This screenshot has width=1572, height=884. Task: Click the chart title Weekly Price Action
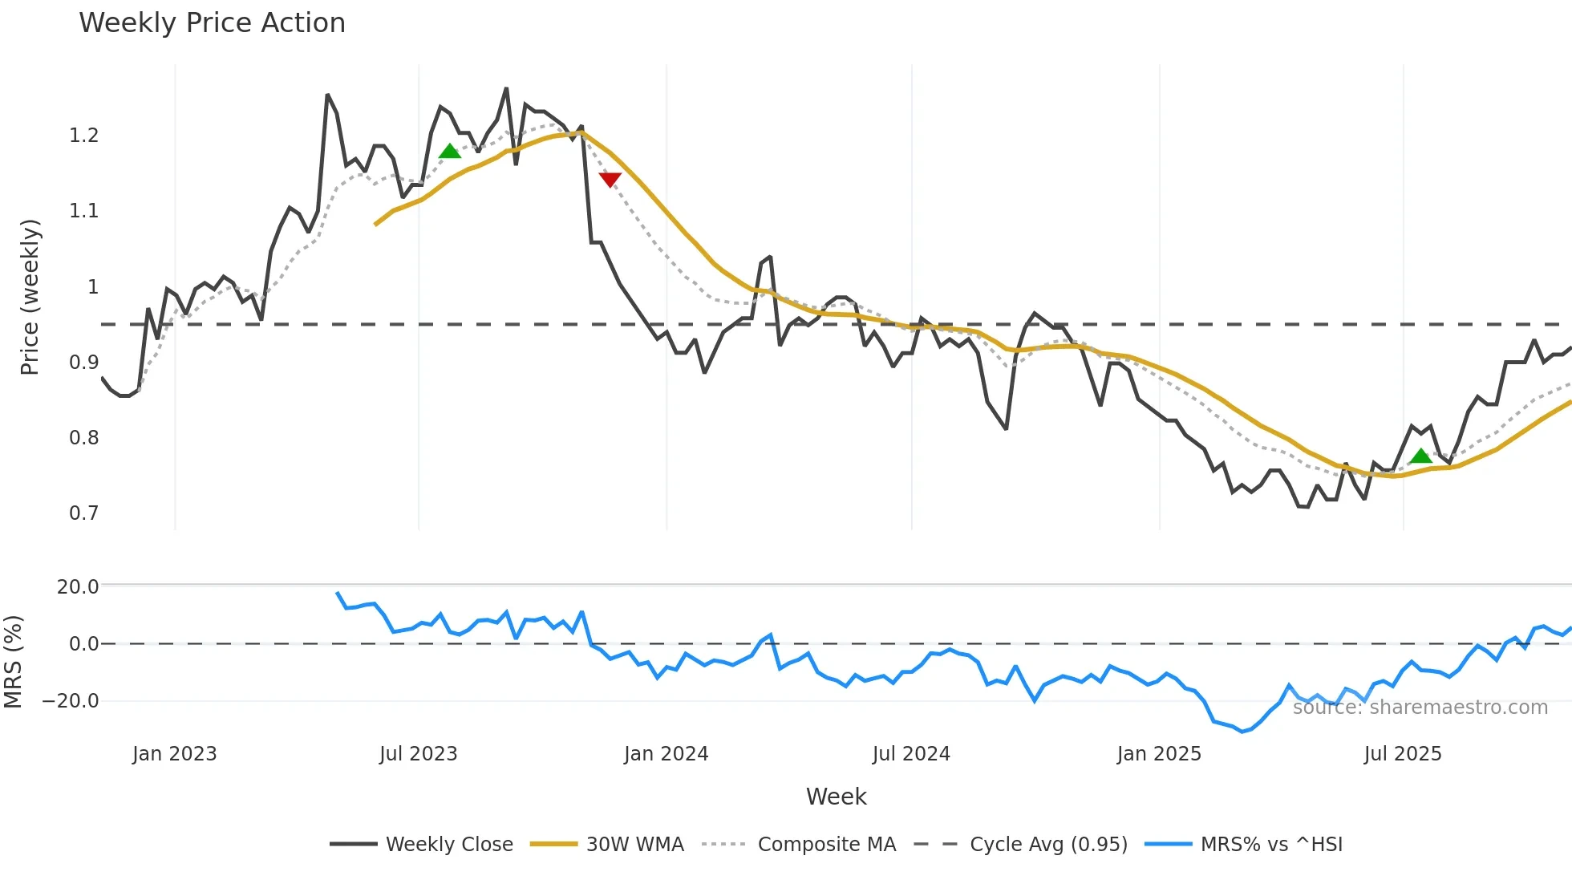point(212,23)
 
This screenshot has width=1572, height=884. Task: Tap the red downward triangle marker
point(610,179)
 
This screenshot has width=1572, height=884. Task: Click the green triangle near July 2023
point(450,151)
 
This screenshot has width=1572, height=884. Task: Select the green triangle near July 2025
point(1421,456)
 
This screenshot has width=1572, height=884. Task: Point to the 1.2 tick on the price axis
point(83,136)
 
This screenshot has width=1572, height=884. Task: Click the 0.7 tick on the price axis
point(83,513)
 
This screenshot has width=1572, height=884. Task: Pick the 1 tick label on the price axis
point(93,287)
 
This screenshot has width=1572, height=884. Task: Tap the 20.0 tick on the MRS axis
point(78,587)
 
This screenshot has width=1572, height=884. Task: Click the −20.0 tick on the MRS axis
point(71,701)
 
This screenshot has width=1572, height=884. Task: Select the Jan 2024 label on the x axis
point(666,754)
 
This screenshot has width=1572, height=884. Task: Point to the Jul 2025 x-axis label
point(1403,754)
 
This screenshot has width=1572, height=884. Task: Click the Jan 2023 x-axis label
point(174,754)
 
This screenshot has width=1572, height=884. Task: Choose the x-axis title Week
point(836,797)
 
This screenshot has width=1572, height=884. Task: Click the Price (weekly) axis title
point(30,297)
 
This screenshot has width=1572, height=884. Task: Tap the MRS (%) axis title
point(14,662)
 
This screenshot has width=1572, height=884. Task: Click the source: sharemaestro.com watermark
point(1420,708)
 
